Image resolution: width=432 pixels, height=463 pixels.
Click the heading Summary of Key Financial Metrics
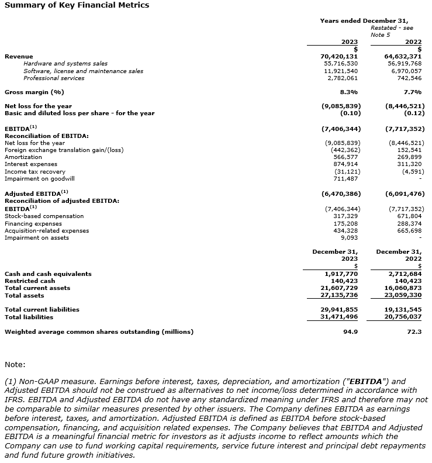[77, 5]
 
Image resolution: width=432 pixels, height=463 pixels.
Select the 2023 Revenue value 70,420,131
[341, 56]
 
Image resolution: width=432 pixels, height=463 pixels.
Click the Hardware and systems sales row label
[65, 64]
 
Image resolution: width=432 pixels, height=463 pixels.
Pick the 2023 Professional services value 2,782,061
[343, 78]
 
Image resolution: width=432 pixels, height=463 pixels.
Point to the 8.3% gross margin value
[348, 92]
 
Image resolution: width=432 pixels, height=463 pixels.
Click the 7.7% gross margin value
[412, 92]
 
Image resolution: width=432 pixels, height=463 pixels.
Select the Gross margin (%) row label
[34, 92]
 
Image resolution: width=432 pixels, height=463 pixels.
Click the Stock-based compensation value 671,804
[408, 216]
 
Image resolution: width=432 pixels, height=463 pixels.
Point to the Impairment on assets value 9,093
[350, 237]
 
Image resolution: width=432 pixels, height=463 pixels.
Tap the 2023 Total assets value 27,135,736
[341, 296]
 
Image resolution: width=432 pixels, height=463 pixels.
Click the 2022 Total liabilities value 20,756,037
[405, 317]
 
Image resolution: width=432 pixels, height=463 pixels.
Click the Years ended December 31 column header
[364, 20]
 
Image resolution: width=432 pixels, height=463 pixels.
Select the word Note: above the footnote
[15, 365]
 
